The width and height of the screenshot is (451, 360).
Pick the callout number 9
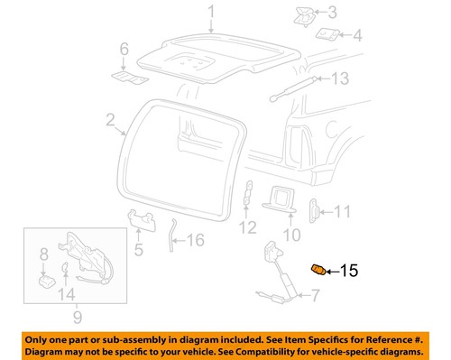pos(77,318)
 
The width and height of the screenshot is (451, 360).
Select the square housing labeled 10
pos(280,198)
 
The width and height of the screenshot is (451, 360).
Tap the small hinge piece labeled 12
pos(247,193)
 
